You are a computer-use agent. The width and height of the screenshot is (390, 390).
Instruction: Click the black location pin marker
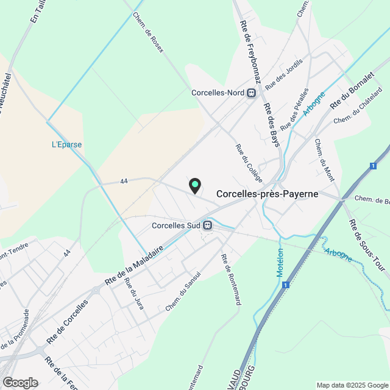pyautogui.click(x=195, y=186)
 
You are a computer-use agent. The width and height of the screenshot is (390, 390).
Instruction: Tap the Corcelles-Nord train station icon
pyautogui.click(x=251, y=93)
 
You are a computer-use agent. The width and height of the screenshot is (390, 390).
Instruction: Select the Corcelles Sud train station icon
pyautogui.click(x=208, y=225)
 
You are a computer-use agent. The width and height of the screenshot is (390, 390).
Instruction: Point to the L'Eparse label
pyautogui.click(x=66, y=145)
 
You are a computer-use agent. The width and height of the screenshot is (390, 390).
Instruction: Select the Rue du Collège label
pyautogui.click(x=249, y=163)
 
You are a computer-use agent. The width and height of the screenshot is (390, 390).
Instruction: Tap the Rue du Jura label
pyautogui.click(x=134, y=294)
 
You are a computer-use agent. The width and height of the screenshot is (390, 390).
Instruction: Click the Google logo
pyautogui.click(x=20, y=382)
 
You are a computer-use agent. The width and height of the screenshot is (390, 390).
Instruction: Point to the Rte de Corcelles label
pyautogui.click(x=68, y=321)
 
